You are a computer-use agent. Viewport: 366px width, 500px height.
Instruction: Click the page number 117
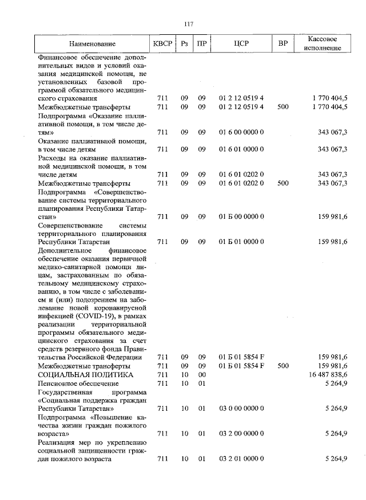pos(189,23)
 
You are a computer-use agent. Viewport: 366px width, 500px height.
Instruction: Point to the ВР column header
pos(282,43)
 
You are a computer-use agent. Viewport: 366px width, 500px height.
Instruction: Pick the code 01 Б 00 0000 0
pos(241,217)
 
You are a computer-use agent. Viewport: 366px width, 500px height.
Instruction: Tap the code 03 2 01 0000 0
pos(241,459)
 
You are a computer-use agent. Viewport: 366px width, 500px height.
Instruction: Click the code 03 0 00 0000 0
pos(241,409)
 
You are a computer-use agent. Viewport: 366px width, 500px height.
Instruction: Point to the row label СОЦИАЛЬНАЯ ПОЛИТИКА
pos(85,374)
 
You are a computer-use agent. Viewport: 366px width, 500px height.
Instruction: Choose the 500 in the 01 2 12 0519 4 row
pos(282,107)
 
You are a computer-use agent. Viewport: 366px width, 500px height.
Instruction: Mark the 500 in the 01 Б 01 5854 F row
pos(282,365)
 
